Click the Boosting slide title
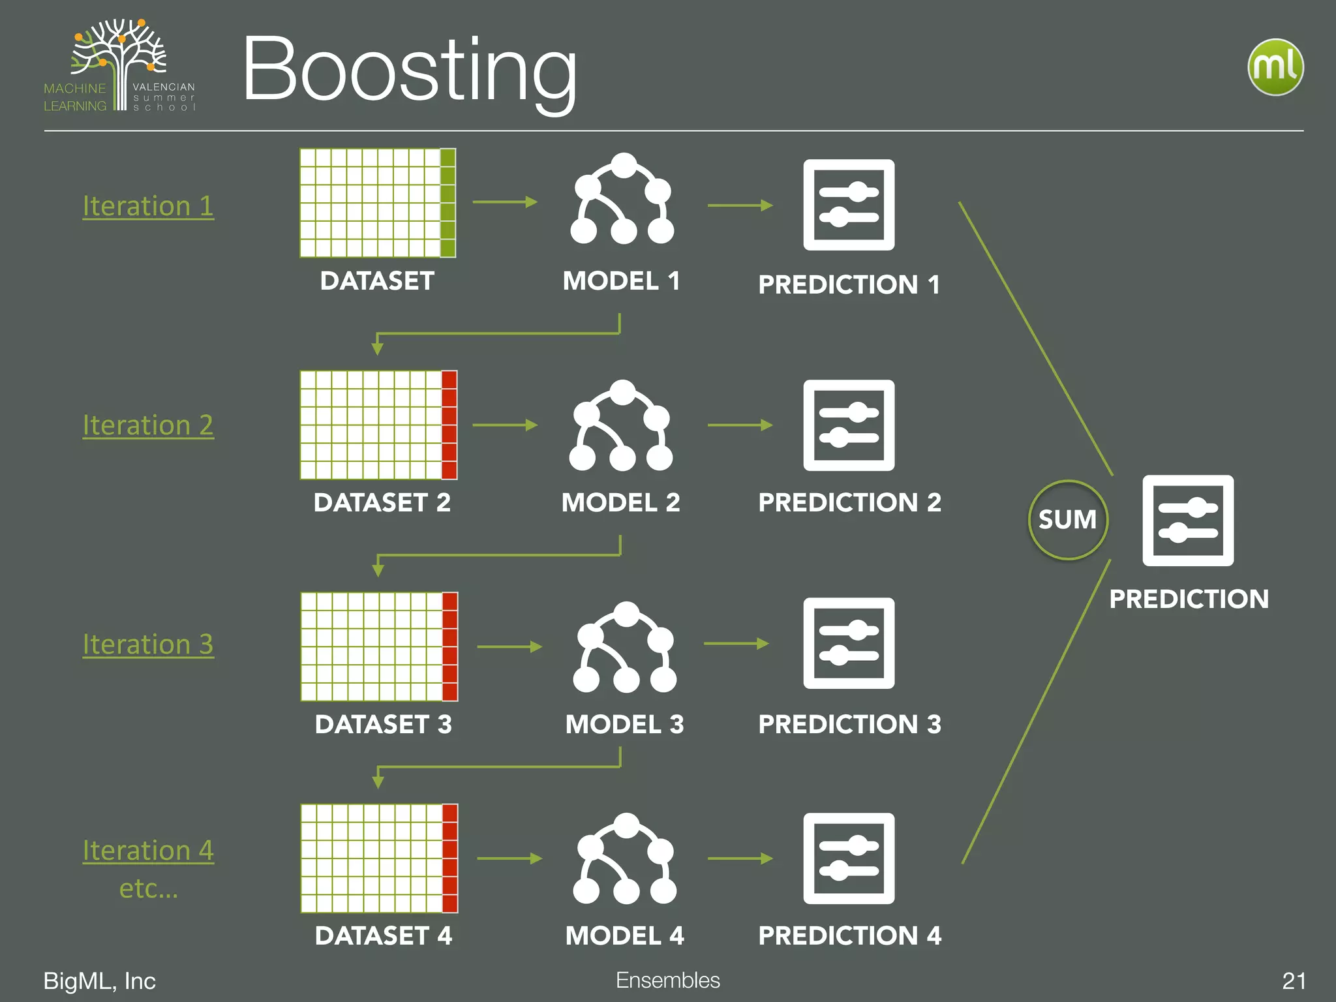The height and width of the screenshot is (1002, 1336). point(410,70)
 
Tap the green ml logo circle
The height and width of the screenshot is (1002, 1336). point(1275,67)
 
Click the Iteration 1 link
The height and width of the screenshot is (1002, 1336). point(148,206)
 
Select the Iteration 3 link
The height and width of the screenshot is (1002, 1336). point(148,645)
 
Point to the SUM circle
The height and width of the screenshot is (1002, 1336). point(1068,520)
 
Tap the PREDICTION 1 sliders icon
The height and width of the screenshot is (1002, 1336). point(849,205)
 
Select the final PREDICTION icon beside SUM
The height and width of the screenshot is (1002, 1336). point(1188,521)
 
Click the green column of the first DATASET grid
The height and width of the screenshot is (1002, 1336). point(448,203)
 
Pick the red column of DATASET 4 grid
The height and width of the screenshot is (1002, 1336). point(449,858)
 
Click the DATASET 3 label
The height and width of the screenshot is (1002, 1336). point(383,724)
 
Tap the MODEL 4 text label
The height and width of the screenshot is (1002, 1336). point(624,935)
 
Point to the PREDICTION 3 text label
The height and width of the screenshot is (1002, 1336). point(849,724)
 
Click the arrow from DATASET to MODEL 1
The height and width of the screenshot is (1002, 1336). point(505,202)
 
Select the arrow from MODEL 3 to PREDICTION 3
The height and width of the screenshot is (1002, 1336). point(736,644)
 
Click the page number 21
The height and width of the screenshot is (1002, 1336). point(1294,981)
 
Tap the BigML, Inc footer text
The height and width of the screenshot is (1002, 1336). point(99,981)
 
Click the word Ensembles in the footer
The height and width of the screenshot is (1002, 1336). point(667,980)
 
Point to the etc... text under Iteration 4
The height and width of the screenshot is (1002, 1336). point(148,888)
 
